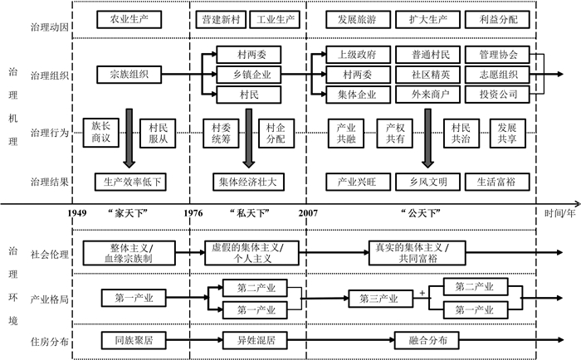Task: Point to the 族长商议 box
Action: click(101, 131)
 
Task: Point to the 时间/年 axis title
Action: click(559, 213)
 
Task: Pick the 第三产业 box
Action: click(379, 296)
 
